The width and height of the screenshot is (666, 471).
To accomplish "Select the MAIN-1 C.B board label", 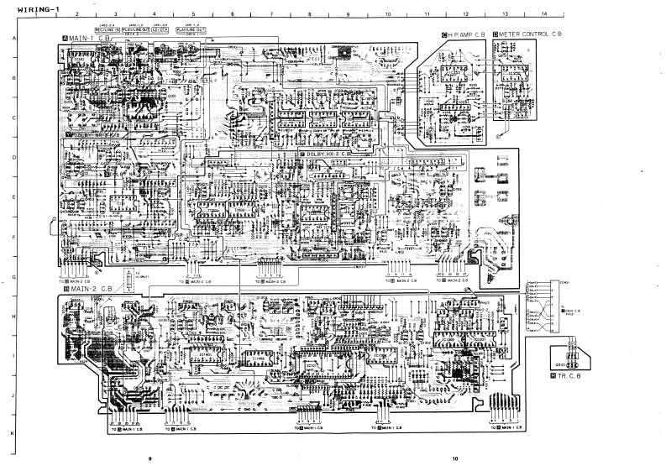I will click(87, 39).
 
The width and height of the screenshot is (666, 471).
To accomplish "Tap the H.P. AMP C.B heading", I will click(464, 34).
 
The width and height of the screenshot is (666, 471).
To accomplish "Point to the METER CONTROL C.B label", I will click(528, 34).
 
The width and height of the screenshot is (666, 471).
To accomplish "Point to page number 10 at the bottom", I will click(454, 458).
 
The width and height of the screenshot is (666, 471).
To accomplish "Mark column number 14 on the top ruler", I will click(544, 15).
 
